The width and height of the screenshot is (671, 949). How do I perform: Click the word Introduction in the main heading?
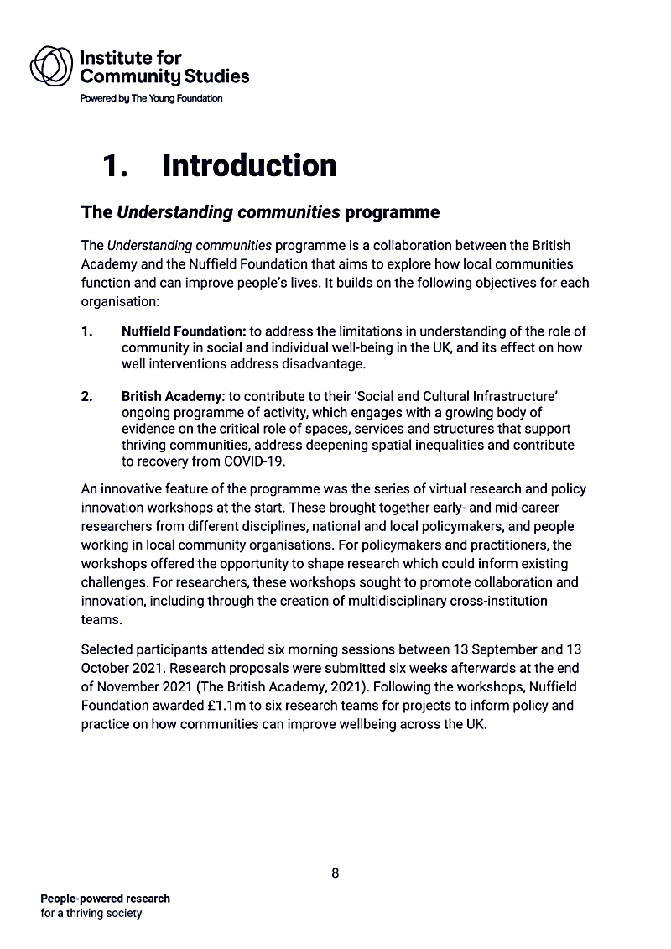coord(249,165)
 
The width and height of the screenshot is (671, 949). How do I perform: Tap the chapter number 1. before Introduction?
coord(115,165)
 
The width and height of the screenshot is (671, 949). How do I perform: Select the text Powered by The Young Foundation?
coord(151,98)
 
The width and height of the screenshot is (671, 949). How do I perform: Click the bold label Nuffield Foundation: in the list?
coord(183,331)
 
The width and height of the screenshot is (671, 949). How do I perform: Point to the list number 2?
coord(87,396)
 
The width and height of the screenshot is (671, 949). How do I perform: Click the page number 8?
coord(335,873)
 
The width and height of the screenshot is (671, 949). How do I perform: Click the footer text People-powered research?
coord(105,899)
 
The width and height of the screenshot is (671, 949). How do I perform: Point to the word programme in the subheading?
coord(392,211)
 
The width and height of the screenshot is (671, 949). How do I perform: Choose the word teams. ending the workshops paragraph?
coord(100,619)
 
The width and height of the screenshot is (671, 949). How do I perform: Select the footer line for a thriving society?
coord(91,913)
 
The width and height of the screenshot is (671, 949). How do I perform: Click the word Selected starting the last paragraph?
coord(106,650)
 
